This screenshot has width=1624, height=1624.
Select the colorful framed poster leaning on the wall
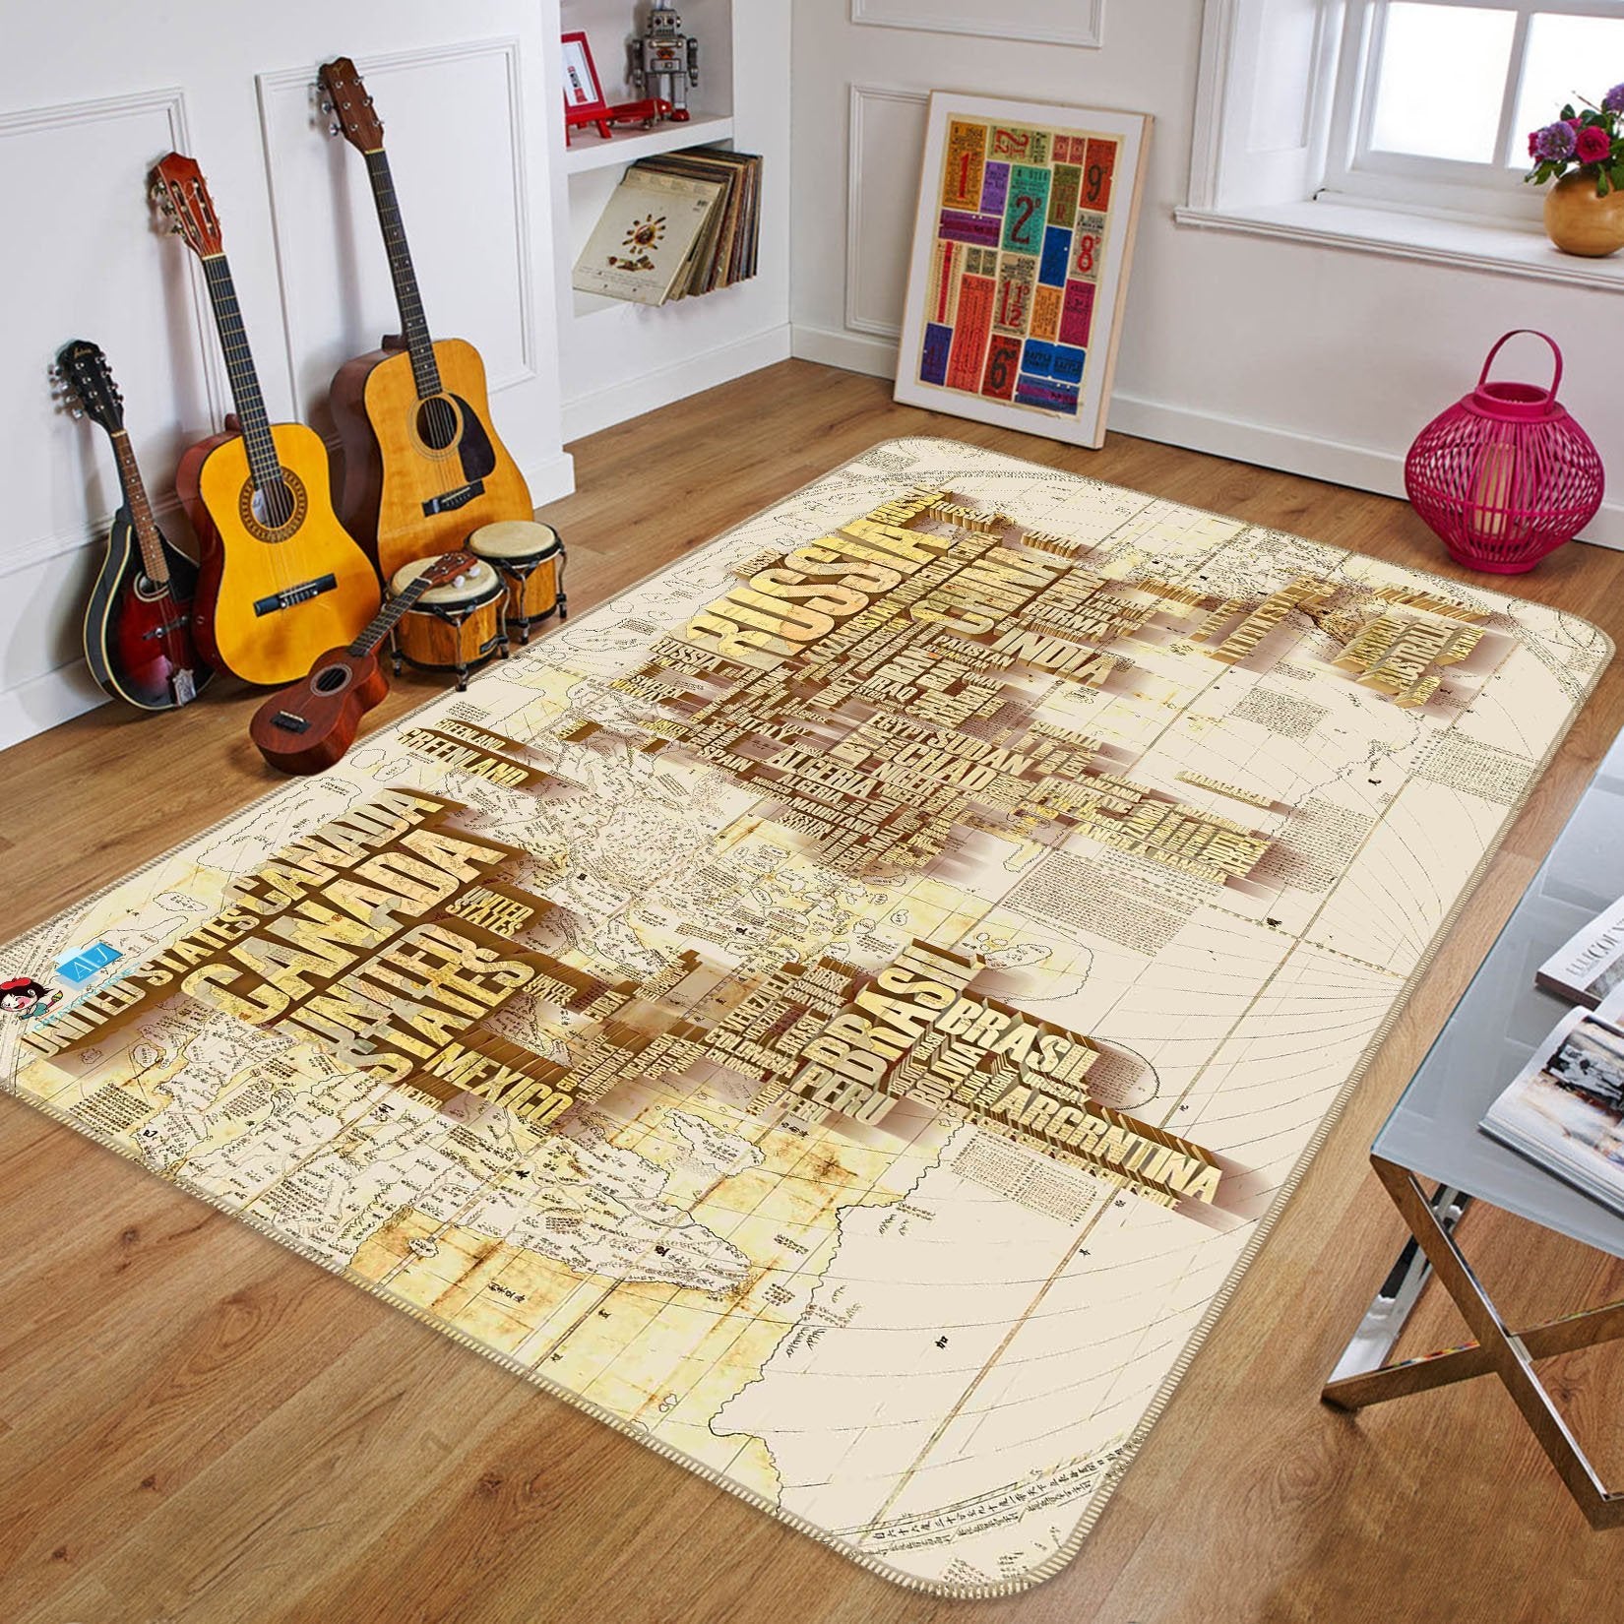(x=1020, y=246)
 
